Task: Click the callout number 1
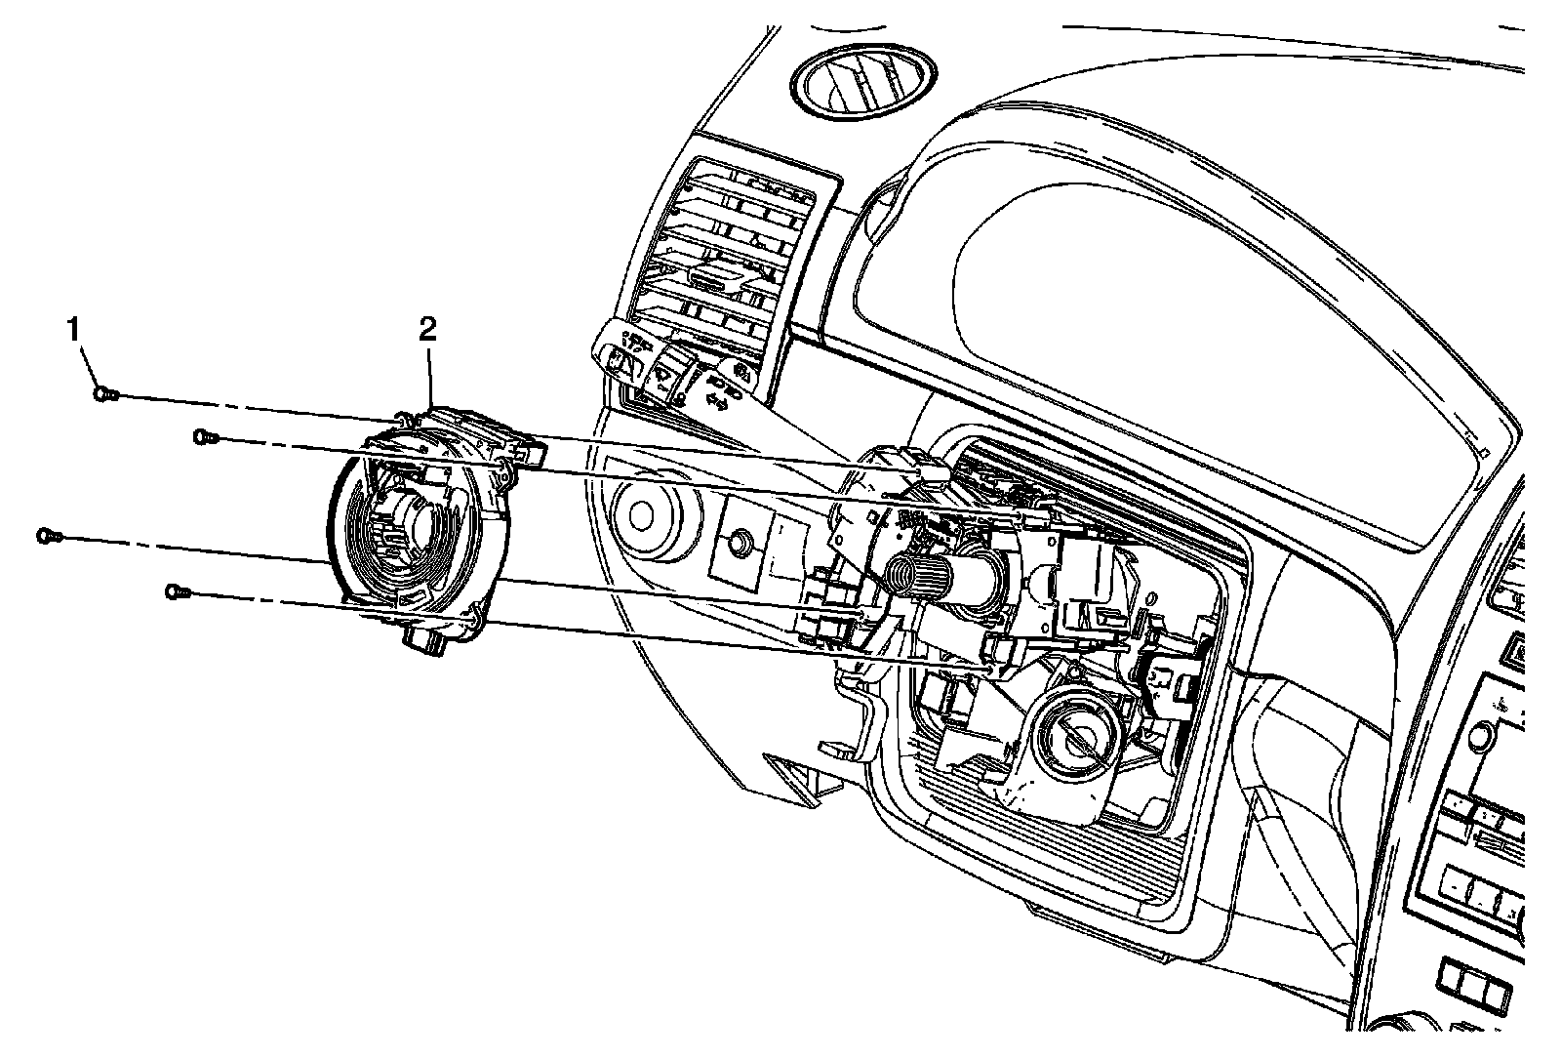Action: [72, 331]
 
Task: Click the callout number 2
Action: [427, 330]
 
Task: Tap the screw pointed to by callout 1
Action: [105, 394]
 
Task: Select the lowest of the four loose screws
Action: [176, 590]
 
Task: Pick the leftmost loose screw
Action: [47, 536]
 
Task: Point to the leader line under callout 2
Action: [428, 376]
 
